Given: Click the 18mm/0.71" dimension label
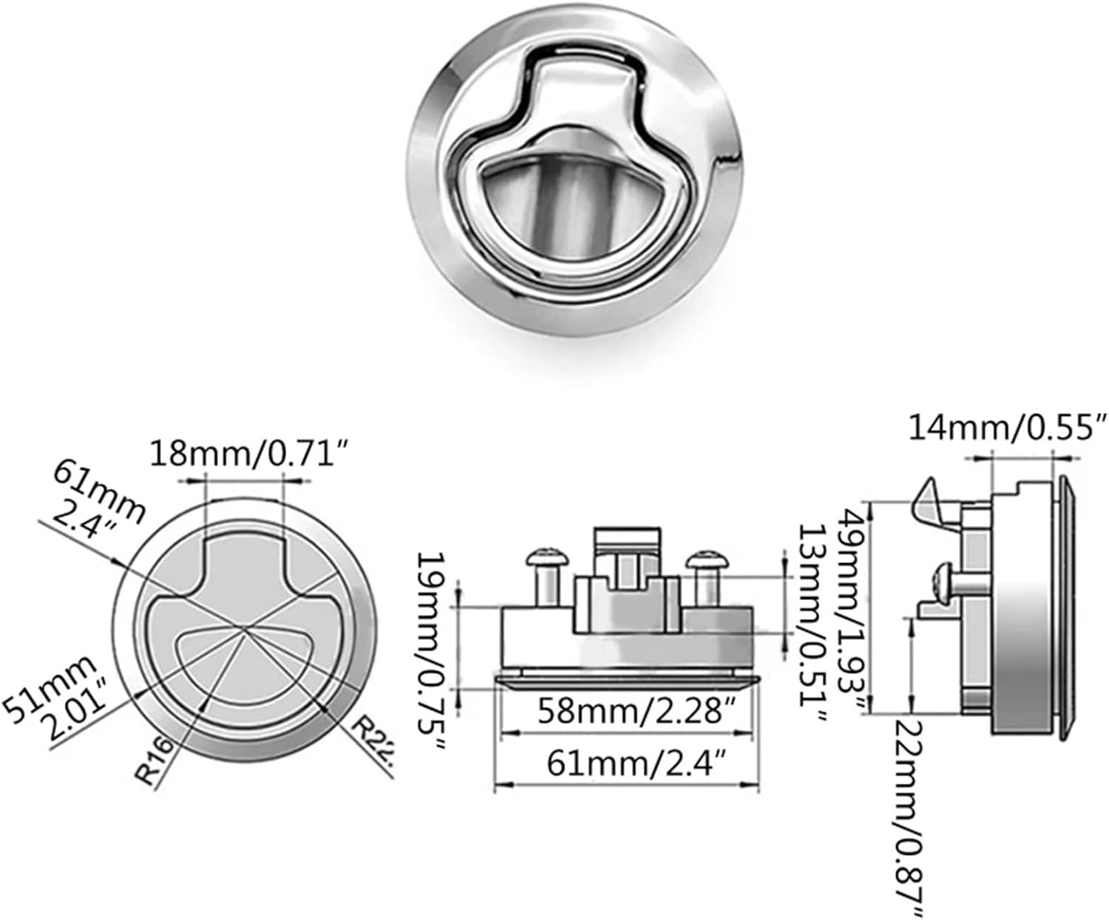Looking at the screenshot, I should point(248,453).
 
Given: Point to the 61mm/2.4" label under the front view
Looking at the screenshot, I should point(627,763).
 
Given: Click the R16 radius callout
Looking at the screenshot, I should point(155,761).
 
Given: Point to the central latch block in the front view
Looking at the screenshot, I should point(627,591).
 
